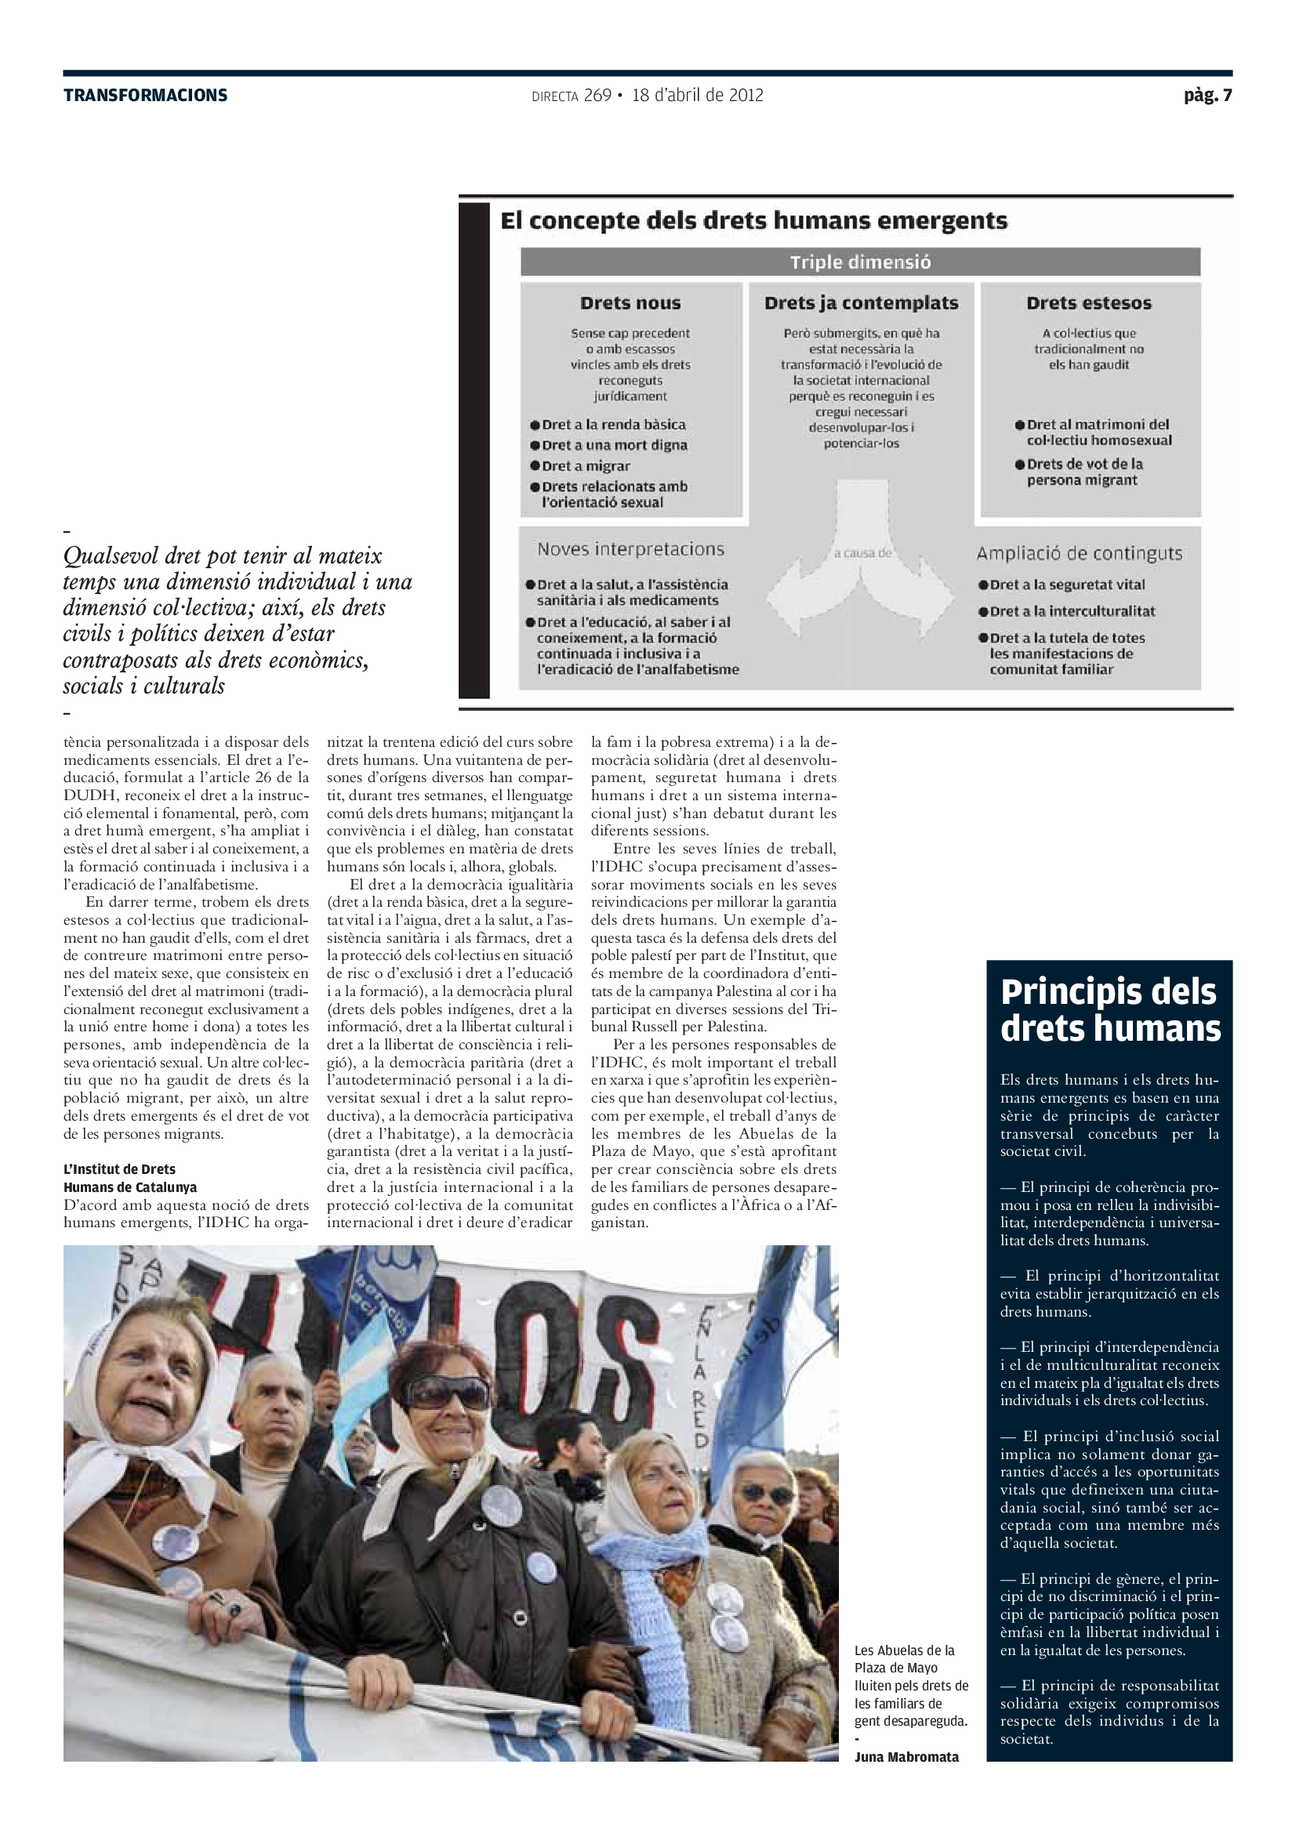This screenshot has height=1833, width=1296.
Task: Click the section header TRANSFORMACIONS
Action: [x=145, y=96]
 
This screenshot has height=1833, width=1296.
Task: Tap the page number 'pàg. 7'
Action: [x=1207, y=96]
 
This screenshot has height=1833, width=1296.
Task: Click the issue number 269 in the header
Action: [x=597, y=96]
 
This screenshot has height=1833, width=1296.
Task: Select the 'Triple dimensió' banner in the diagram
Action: [x=860, y=262]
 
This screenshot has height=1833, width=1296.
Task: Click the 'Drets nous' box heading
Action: [x=630, y=303]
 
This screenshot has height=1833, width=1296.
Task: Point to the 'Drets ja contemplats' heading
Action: [x=861, y=303]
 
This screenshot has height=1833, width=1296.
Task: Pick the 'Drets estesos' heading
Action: [x=1088, y=303]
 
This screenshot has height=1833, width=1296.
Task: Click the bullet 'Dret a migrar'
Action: [x=586, y=466]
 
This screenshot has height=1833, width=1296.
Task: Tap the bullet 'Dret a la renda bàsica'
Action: [x=613, y=425]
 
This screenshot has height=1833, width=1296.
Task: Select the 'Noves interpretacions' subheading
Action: [x=630, y=549]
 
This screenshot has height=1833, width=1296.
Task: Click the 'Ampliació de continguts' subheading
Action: [x=1079, y=553]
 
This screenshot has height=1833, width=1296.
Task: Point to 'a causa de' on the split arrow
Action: [x=862, y=552]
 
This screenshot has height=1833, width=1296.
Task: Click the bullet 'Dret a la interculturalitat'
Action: [x=1072, y=611]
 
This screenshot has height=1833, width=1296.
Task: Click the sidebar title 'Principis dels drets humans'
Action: [x=1110, y=1010]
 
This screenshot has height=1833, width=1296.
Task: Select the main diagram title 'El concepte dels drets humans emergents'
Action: [x=753, y=221]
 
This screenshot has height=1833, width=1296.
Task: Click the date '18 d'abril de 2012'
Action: [x=697, y=96]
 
